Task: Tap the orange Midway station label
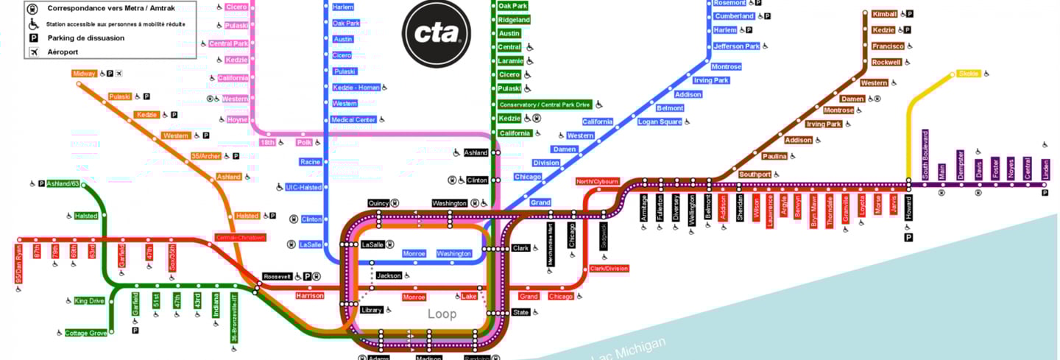coord(84,74)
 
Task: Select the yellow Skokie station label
coord(968,74)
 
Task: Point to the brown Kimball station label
coord(884,14)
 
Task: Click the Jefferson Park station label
coord(736,46)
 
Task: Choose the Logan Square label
coord(660,121)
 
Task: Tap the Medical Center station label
coord(353,119)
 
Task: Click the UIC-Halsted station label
coord(303,187)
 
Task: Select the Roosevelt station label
coord(277,277)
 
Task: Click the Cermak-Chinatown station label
coord(240,238)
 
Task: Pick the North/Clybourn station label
coord(597,181)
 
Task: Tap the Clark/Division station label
coord(608,269)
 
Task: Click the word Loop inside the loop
coord(442,314)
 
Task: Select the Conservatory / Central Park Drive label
coord(545,105)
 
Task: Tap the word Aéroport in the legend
coord(63,52)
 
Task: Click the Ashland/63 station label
coord(63,183)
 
